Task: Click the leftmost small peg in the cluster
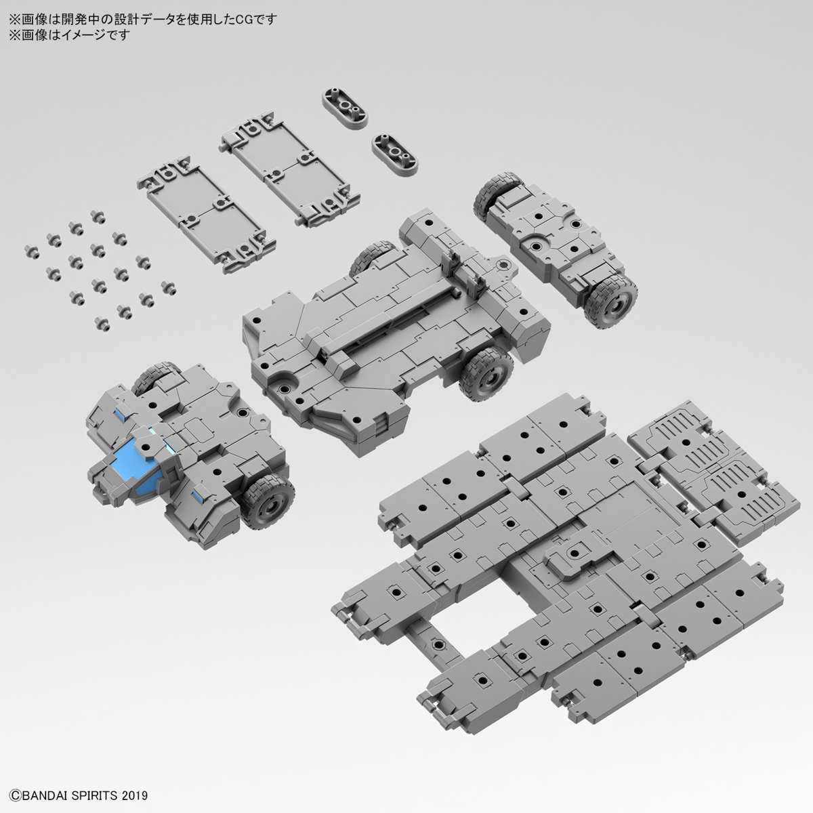(30, 249)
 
